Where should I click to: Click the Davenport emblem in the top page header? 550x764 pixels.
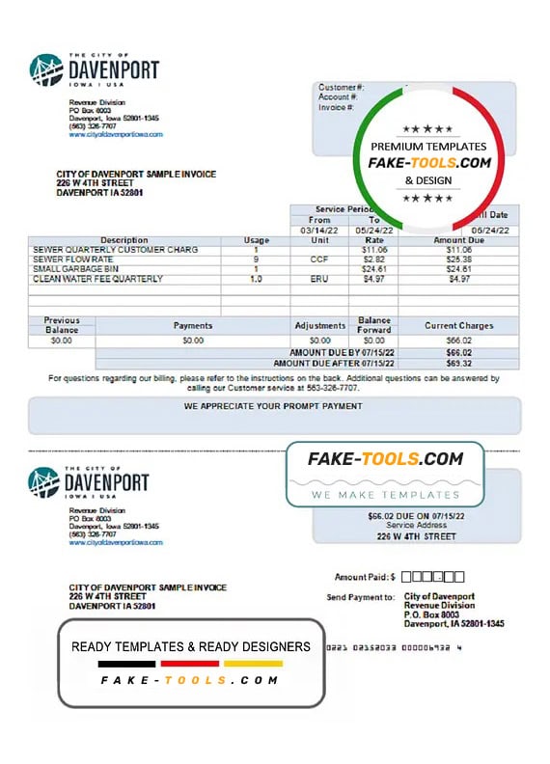pos(45,70)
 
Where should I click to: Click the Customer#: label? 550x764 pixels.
pos(341,88)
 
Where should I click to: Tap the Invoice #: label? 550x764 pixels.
pos(338,107)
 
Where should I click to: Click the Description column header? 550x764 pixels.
pos(124,240)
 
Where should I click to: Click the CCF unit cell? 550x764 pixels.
pos(319,259)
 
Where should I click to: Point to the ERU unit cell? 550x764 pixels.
pos(319,279)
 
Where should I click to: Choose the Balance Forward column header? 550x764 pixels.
pos(372,325)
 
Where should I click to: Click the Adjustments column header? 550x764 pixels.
pos(319,326)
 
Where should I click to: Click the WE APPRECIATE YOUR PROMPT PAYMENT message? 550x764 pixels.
pos(273,406)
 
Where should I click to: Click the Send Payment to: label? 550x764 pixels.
pos(361,597)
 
